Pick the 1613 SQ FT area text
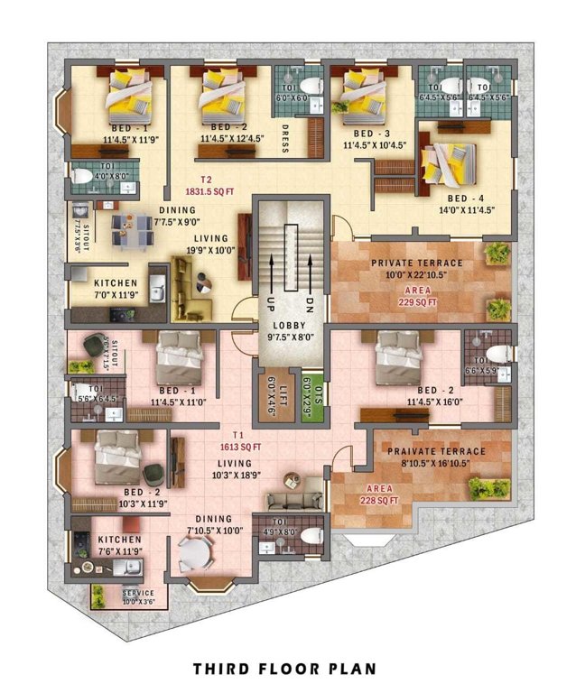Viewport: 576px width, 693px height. pos(240,446)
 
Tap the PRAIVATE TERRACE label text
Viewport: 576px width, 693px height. pos(436,451)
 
